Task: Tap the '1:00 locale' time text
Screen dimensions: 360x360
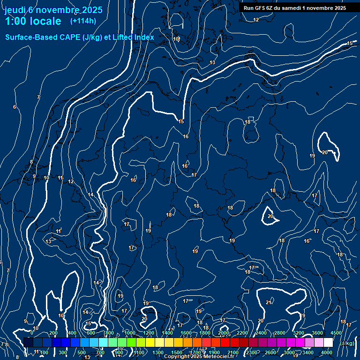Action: pos(33,21)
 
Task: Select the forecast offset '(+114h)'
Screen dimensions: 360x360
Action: pos(83,21)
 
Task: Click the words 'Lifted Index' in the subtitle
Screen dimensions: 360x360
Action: pos(134,37)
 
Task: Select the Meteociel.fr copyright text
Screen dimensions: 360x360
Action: pos(202,357)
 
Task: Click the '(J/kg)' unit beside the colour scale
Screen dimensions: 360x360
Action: pos(347,343)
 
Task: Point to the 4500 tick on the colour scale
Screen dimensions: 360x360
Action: pos(336,333)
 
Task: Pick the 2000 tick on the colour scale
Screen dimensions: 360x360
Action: pos(224,333)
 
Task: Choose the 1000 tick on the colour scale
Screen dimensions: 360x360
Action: pos(130,333)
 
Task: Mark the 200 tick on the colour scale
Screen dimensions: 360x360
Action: pos(53,333)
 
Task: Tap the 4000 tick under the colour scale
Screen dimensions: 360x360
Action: pos(327,352)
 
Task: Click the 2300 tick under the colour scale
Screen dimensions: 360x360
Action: pos(252,352)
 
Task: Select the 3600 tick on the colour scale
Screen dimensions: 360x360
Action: pos(317,333)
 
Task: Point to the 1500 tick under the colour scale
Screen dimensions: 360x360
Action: pos(177,352)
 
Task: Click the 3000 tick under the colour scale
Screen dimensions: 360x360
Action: pos(289,352)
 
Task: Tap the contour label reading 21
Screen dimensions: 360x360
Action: pos(269,302)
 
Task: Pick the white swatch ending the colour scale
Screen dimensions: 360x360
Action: pos(328,343)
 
